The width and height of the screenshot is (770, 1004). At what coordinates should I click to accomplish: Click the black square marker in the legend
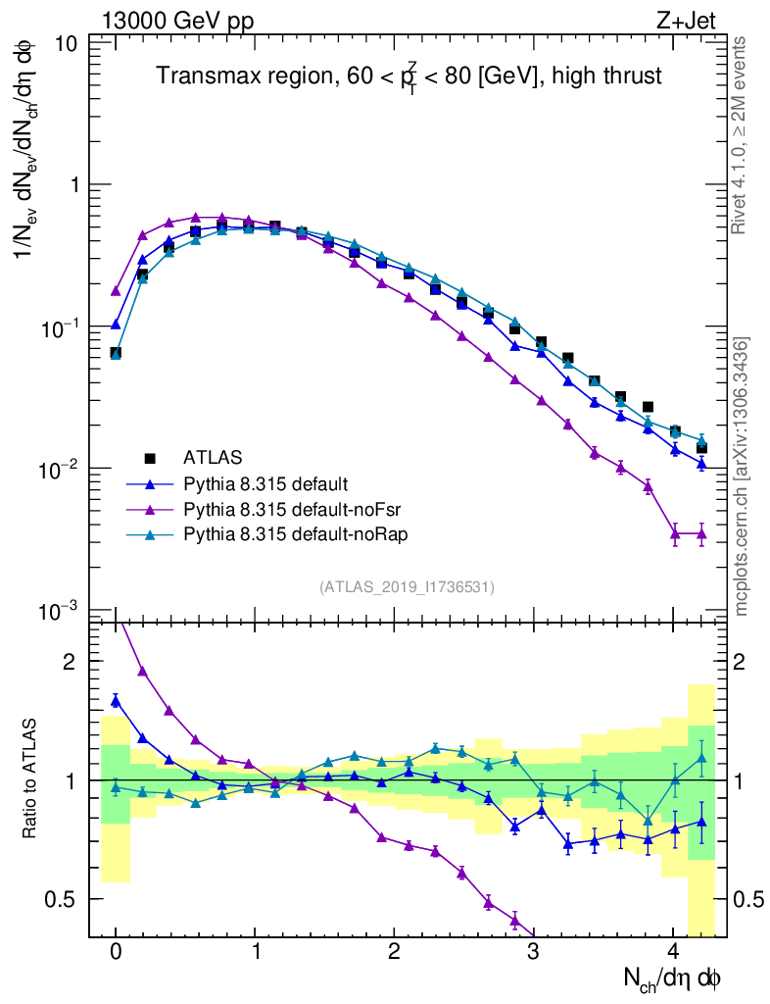150,457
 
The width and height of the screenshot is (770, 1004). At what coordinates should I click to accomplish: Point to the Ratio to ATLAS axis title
31,779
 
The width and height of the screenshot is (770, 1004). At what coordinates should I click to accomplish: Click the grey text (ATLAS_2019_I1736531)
407,586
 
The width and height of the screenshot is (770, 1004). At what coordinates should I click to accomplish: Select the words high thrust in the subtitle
602,75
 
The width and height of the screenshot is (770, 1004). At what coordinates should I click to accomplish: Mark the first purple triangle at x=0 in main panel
116,291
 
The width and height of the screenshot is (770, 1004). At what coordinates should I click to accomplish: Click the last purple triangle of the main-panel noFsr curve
700,533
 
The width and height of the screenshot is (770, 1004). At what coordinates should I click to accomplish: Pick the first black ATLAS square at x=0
116,353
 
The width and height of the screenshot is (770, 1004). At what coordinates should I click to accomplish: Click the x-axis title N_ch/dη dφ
674,979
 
